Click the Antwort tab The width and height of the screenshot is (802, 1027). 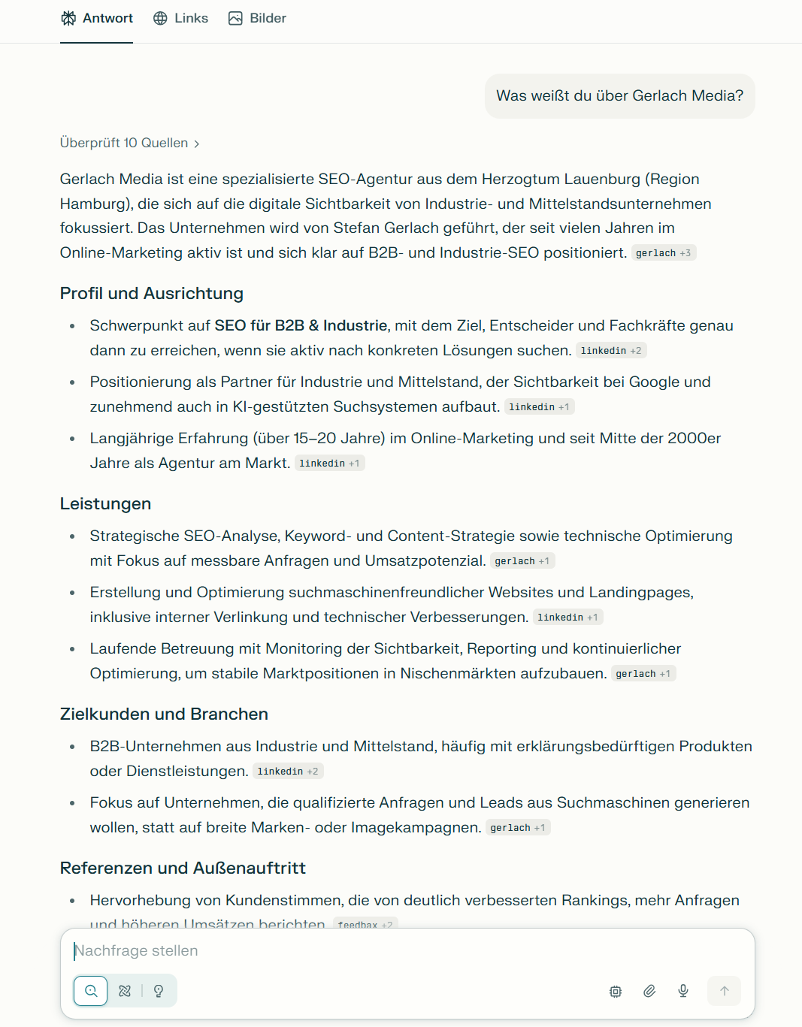pyautogui.click(x=97, y=19)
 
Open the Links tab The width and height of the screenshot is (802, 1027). pyautogui.click(x=180, y=19)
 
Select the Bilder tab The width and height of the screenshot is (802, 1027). pyautogui.click(x=257, y=19)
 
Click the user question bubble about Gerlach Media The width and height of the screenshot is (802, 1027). pyautogui.click(x=619, y=96)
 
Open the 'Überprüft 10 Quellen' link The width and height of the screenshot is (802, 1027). pyautogui.click(x=129, y=143)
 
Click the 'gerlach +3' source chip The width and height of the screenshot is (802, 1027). pyautogui.click(x=663, y=253)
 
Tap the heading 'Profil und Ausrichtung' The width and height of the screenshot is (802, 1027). pyautogui.click(x=152, y=294)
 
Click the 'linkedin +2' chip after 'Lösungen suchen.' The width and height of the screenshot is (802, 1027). pyautogui.click(x=610, y=351)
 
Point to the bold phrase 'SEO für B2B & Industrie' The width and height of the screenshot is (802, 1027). pyautogui.click(x=301, y=326)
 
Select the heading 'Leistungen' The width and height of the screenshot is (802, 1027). pyautogui.click(x=105, y=504)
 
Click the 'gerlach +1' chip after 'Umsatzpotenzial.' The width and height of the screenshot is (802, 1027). pyautogui.click(x=522, y=561)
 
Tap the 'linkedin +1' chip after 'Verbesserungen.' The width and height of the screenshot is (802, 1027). pyautogui.click(x=567, y=618)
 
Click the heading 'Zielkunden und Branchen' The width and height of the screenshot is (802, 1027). pyautogui.click(x=164, y=714)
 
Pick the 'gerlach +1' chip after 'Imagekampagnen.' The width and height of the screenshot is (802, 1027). pyautogui.click(x=517, y=828)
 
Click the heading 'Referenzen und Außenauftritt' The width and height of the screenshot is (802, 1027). pyautogui.click(x=183, y=868)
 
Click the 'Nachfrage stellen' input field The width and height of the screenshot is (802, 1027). pyautogui.click(x=406, y=951)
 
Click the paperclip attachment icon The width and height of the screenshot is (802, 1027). pyautogui.click(x=649, y=991)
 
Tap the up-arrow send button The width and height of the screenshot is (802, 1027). pyautogui.click(x=724, y=991)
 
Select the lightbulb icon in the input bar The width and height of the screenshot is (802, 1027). pyautogui.click(x=159, y=991)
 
